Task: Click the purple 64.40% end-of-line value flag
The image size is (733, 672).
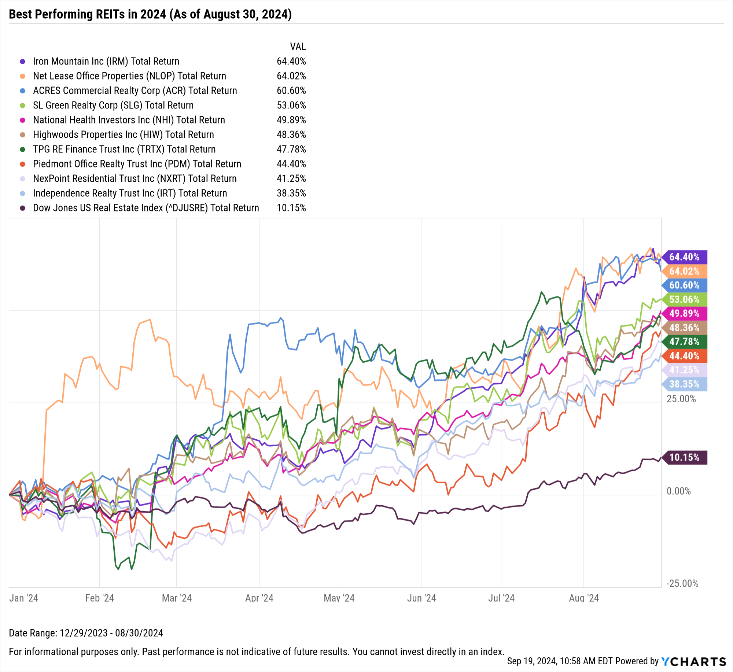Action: tap(684, 257)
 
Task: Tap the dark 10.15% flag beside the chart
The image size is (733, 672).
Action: tap(684, 457)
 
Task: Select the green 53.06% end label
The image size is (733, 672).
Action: tap(684, 299)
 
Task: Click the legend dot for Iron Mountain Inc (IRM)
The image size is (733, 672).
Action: tap(23, 62)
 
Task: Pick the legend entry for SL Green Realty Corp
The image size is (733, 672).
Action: tap(113, 106)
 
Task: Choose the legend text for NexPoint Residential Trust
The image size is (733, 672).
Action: tap(135, 179)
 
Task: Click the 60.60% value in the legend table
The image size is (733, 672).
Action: tap(291, 91)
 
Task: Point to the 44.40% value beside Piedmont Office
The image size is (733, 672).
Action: tap(291, 164)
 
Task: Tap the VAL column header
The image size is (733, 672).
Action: tap(298, 47)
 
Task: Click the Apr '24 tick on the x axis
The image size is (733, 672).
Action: tap(259, 598)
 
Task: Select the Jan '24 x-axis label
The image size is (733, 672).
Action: tap(23, 598)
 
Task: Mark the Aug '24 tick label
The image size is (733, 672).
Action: tap(583, 598)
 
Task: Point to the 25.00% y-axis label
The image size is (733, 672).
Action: tap(681, 399)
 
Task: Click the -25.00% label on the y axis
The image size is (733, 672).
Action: tap(682, 583)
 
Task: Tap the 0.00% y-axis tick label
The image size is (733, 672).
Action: tap(678, 491)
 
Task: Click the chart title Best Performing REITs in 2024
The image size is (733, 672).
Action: tap(150, 14)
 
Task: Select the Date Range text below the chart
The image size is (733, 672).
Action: tap(86, 633)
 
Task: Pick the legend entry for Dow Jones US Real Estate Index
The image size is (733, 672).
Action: tap(146, 208)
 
